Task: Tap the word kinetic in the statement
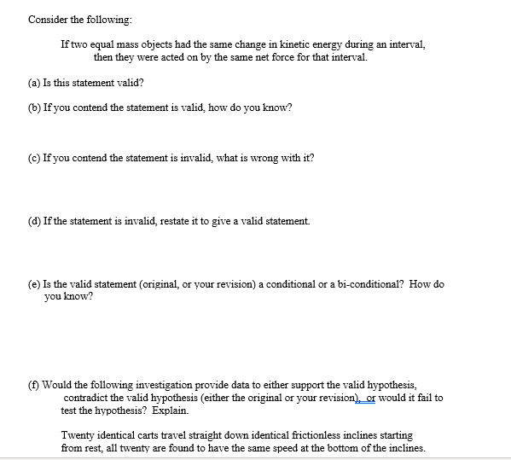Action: pyautogui.click(x=287, y=44)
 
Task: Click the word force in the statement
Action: pyautogui.click(x=269, y=57)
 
